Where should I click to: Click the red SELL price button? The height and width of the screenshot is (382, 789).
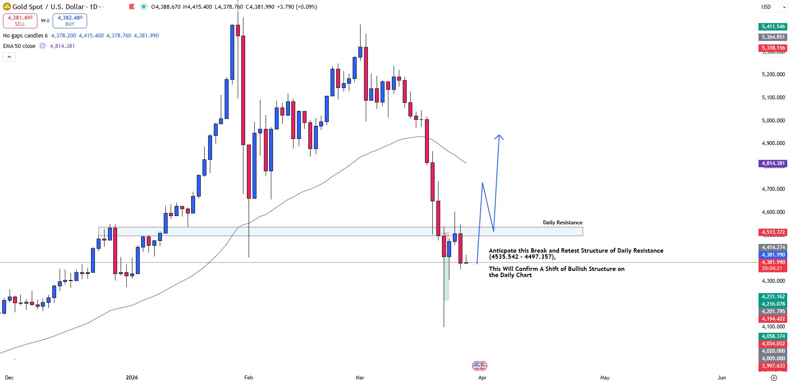[20, 20]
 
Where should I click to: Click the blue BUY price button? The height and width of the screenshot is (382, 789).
[70, 20]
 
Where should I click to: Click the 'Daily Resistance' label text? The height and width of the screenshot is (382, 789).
[562, 223]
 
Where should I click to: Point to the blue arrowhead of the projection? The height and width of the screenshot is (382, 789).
[499, 136]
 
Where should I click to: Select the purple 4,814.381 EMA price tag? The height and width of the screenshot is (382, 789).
[773, 163]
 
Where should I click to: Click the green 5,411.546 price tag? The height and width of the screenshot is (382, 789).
[773, 27]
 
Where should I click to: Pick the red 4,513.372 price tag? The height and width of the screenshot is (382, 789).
[773, 232]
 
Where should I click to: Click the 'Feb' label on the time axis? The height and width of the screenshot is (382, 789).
[249, 378]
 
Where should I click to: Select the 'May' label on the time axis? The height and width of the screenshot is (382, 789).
[605, 378]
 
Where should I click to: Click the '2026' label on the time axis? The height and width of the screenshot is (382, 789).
[131, 378]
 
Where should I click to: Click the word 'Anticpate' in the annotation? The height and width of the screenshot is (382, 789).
[502, 250]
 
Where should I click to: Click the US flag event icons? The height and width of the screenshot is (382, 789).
[479, 366]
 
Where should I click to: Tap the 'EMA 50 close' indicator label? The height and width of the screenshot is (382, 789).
[19, 46]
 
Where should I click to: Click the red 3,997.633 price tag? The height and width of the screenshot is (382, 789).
[773, 366]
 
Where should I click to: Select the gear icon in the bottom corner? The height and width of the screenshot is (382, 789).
[774, 378]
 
